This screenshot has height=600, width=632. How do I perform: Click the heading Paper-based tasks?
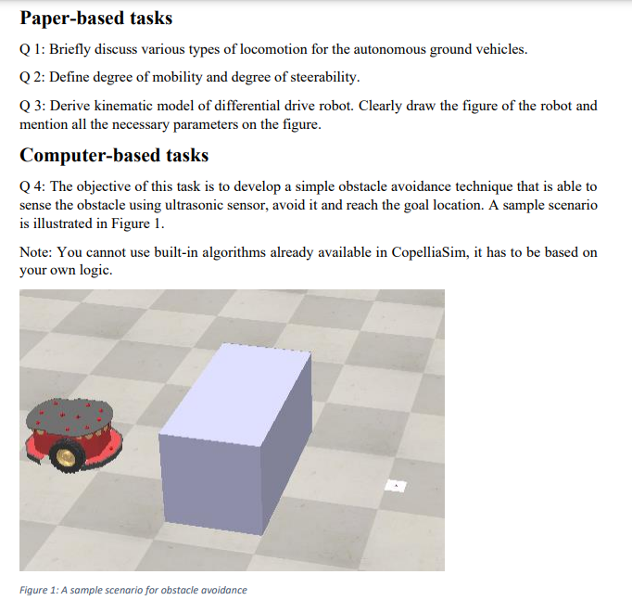pyautogui.click(x=96, y=19)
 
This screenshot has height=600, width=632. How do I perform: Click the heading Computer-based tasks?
pyautogui.click(x=114, y=155)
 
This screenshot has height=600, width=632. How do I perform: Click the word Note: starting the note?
pyautogui.click(x=35, y=253)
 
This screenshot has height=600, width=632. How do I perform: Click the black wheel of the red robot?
pyautogui.click(x=66, y=454)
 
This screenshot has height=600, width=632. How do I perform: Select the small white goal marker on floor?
pyautogui.click(x=396, y=485)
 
